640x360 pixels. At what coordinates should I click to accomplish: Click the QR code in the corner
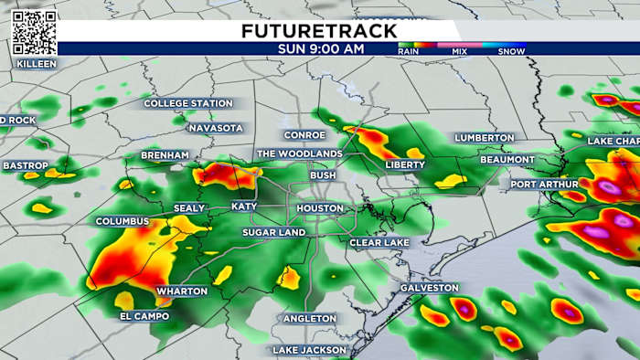[x=35, y=33]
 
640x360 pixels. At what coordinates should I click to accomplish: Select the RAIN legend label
[x=409, y=52]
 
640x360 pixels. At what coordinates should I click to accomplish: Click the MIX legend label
[x=461, y=52]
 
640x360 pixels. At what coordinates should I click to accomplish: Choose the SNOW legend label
[x=511, y=52]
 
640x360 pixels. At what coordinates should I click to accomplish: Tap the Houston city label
[x=320, y=208]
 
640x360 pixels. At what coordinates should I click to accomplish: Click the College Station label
[x=189, y=103]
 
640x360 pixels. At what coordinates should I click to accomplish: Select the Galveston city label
[x=429, y=288]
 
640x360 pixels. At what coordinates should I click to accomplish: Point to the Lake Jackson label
[x=310, y=350]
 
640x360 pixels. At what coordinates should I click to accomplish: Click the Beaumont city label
[x=508, y=160]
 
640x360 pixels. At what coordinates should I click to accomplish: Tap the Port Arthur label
[x=545, y=184]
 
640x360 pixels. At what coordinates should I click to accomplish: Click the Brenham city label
[x=165, y=156]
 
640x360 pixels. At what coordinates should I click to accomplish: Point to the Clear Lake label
[x=379, y=242]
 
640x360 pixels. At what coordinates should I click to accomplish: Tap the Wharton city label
[x=182, y=291]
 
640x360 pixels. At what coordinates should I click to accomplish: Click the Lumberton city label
[x=485, y=137]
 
